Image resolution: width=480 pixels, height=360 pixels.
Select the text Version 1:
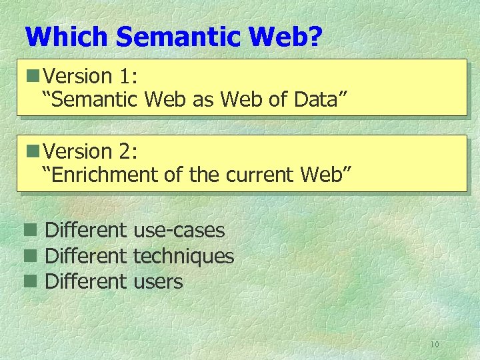[x=91, y=76]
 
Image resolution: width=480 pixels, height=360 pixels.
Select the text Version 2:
[x=91, y=151]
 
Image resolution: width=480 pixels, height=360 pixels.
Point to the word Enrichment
[x=103, y=175]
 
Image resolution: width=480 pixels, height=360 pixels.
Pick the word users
[x=157, y=281]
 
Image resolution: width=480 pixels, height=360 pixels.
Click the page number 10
[x=435, y=344]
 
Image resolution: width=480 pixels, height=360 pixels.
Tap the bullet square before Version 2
[x=30, y=152]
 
